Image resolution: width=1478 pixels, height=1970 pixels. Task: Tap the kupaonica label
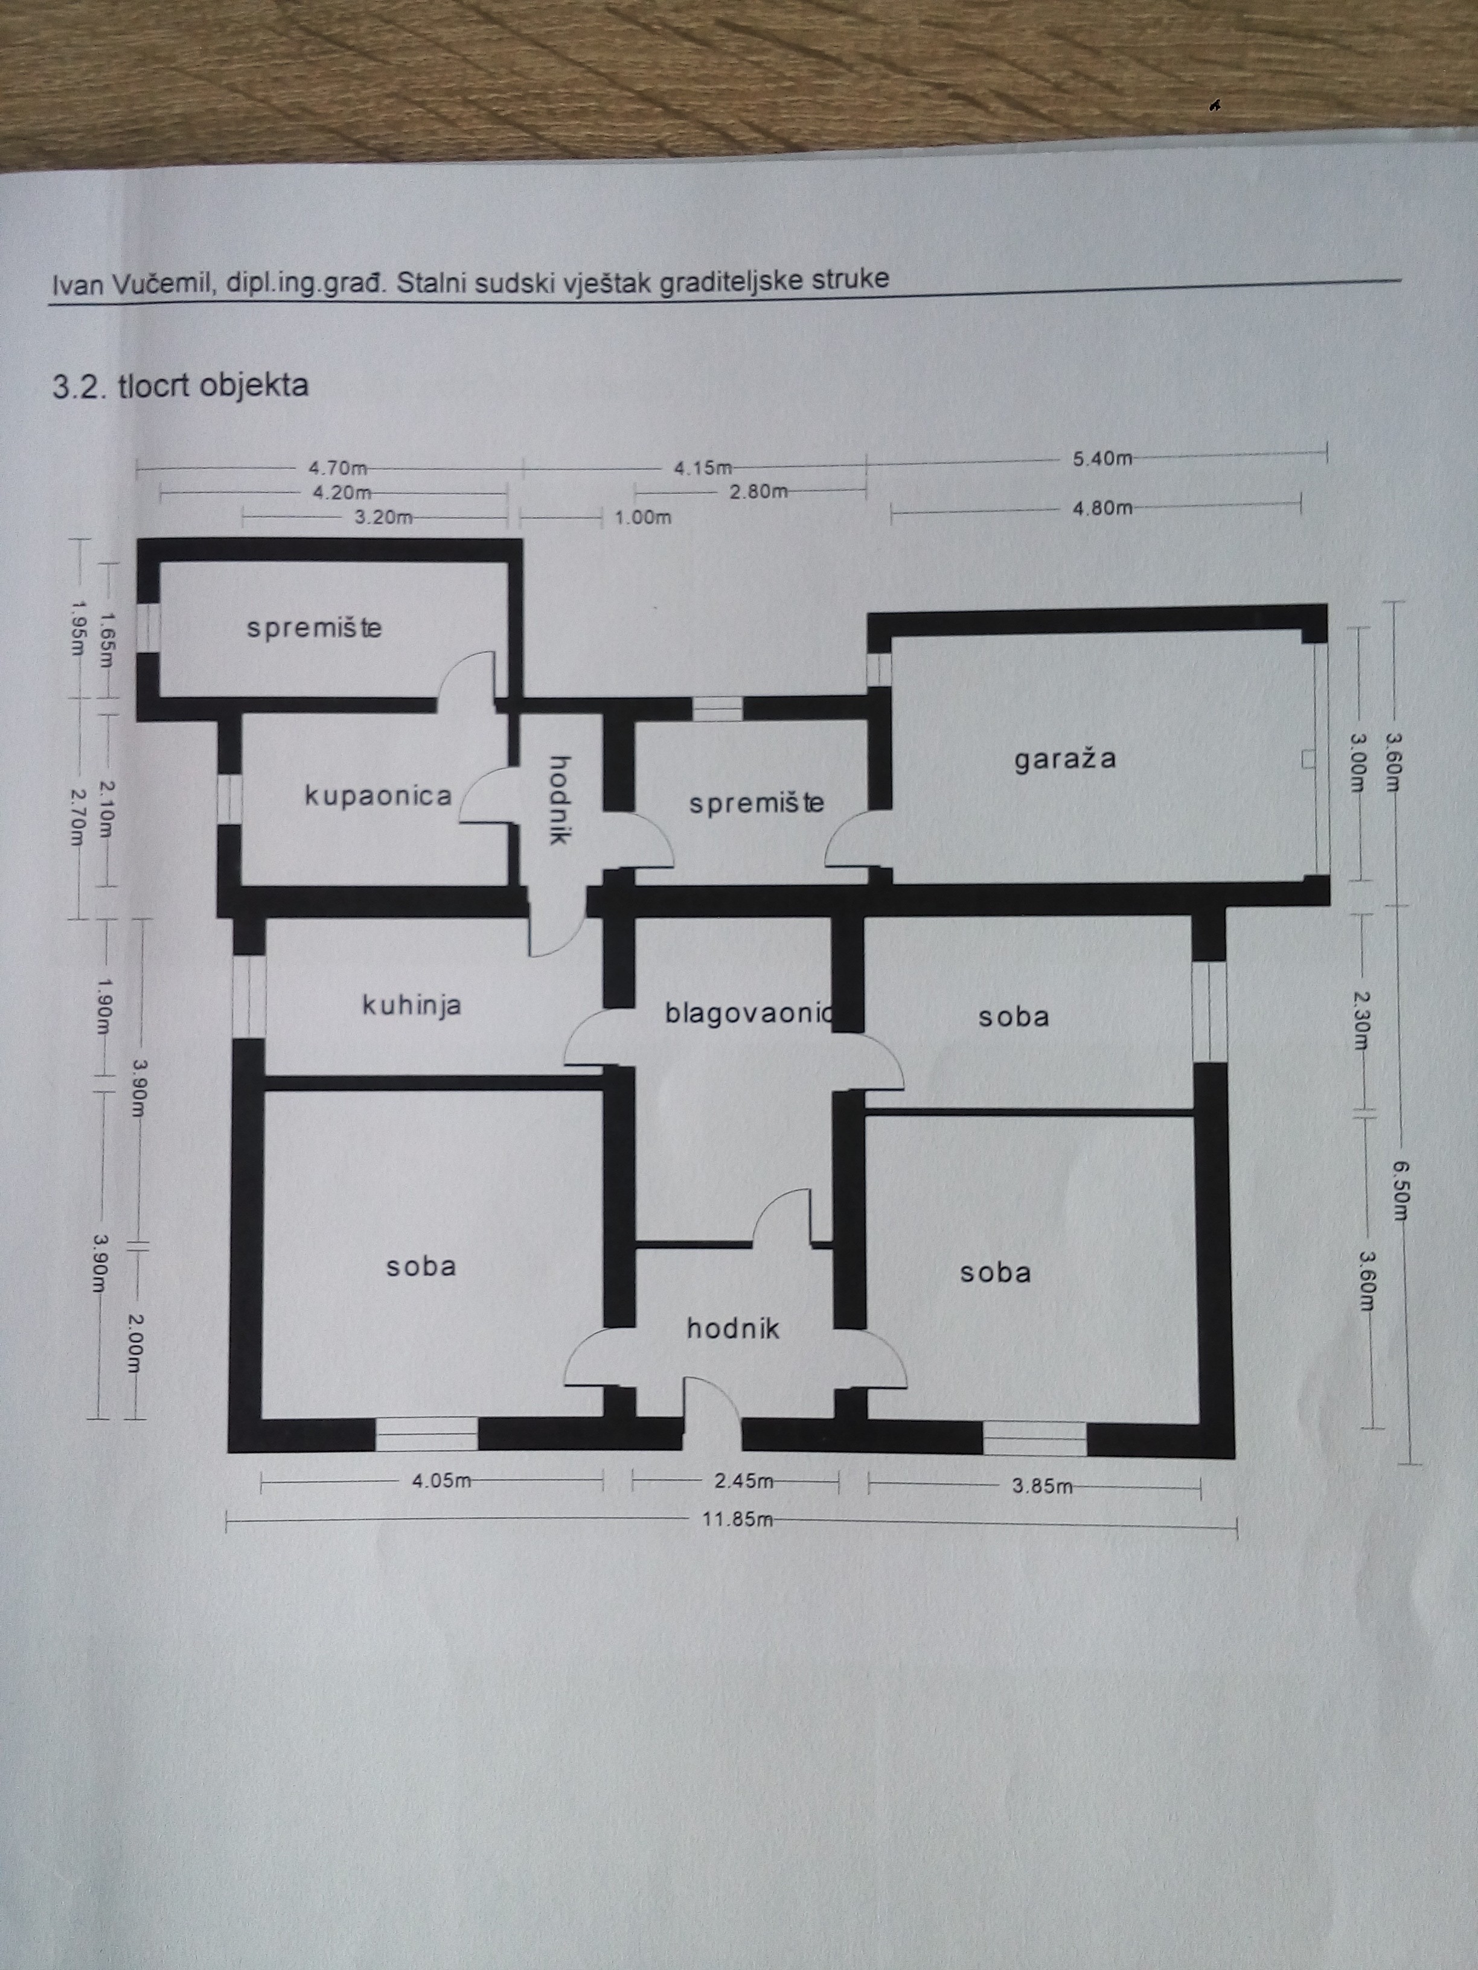click(378, 795)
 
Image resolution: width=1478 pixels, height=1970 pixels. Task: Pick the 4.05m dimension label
click(440, 1480)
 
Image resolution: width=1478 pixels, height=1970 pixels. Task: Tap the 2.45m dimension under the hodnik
click(744, 1480)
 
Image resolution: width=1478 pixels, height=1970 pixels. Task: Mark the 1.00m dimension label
click(642, 517)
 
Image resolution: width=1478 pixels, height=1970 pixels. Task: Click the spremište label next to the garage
click(757, 803)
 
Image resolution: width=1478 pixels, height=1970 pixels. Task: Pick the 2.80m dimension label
click(758, 491)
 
